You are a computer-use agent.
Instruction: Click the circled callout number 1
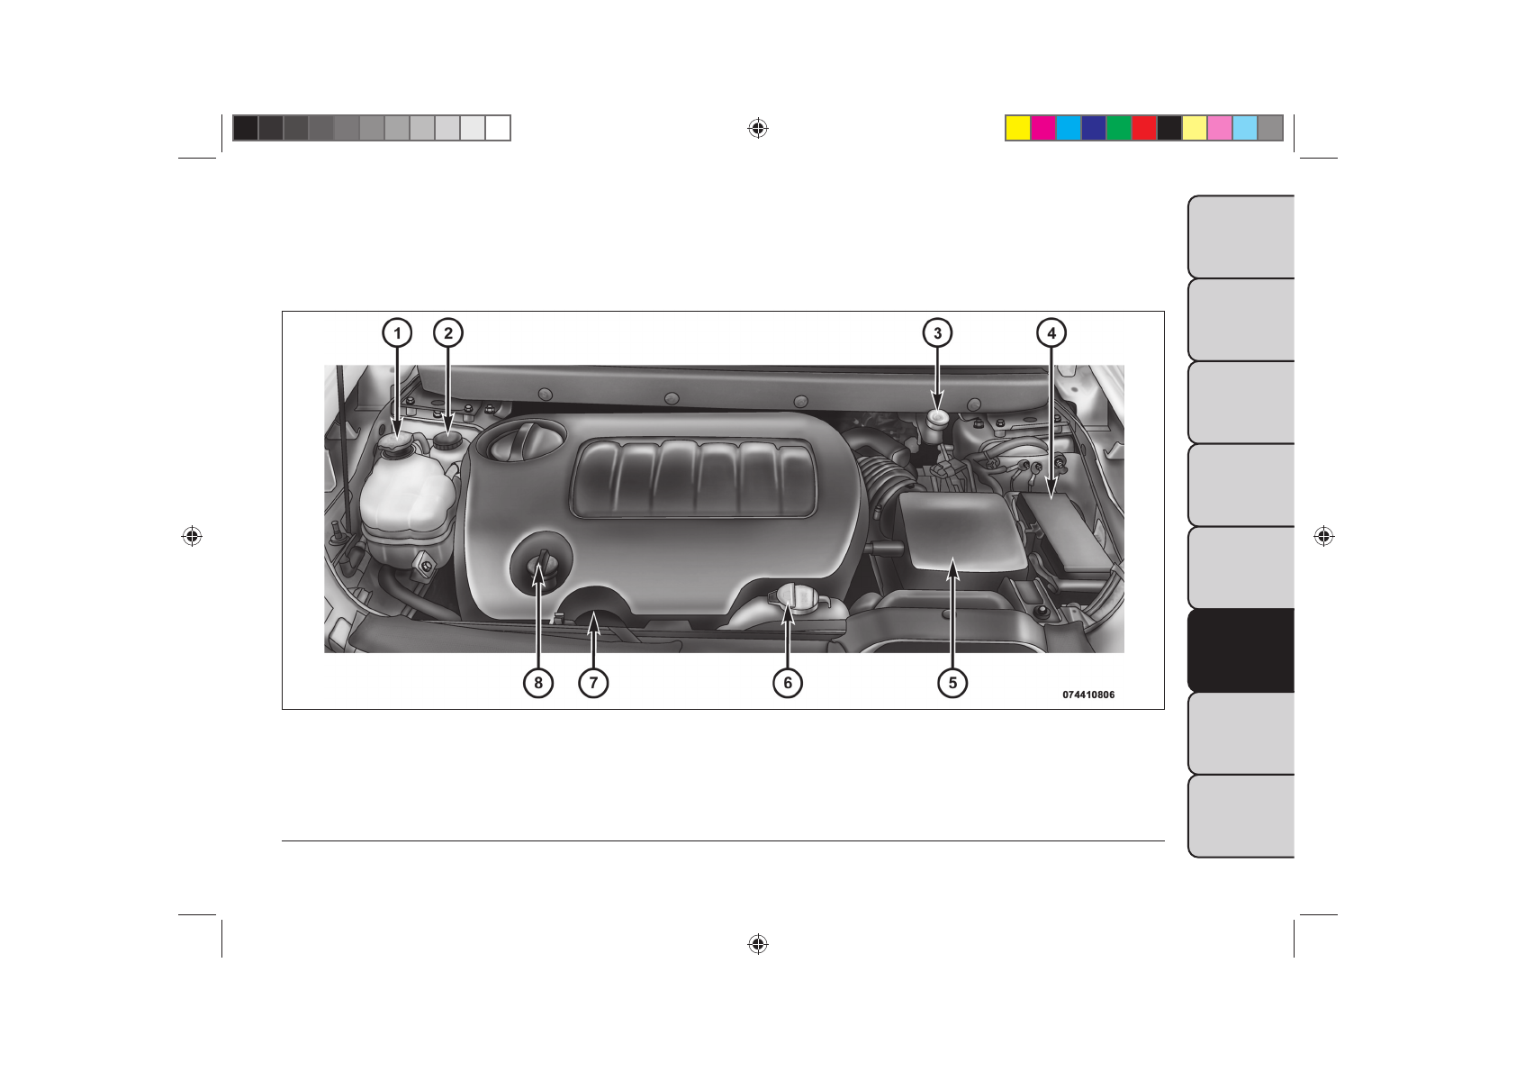(x=397, y=333)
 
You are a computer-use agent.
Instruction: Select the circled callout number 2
(x=448, y=333)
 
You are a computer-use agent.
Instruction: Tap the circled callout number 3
(x=937, y=333)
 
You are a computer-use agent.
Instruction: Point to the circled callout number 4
(x=1051, y=333)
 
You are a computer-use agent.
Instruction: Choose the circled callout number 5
(x=952, y=683)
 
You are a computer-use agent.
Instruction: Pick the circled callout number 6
(x=788, y=683)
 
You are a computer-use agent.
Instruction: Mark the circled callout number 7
(x=593, y=683)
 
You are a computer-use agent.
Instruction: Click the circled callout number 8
(x=538, y=683)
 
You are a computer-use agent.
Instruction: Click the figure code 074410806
(x=1088, y=695)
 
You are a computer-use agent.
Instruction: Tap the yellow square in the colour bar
(x=1018, y=128)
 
